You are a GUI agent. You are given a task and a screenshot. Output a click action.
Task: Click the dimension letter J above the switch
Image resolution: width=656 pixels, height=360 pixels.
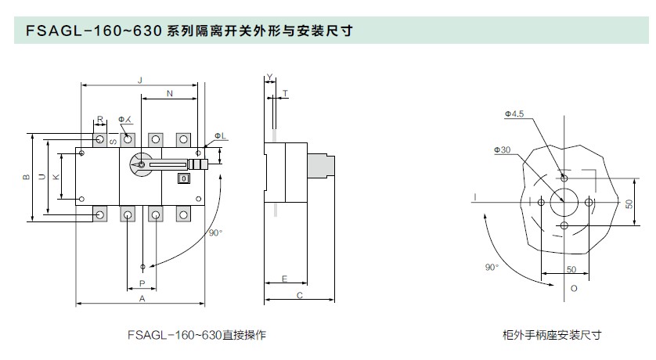tap(140, 80)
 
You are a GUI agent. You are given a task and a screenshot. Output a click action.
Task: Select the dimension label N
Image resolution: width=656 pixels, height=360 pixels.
tap(169, 94)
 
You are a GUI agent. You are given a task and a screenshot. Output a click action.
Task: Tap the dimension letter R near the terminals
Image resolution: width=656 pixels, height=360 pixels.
tap(100, 120)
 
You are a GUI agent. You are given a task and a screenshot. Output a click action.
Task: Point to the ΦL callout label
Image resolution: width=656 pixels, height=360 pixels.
tap(220, 136)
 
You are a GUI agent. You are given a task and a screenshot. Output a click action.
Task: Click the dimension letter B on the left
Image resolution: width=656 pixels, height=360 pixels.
tap(26, 177)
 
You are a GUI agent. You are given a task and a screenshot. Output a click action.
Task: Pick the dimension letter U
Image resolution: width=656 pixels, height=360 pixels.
tap(41, 177)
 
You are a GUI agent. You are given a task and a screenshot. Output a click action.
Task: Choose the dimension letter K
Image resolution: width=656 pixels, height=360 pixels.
tap(56, 177)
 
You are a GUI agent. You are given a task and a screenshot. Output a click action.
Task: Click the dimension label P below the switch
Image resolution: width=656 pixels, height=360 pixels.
tap(142, 283)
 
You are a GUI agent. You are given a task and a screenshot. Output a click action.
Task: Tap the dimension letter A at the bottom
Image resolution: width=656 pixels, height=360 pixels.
tap(142, 298)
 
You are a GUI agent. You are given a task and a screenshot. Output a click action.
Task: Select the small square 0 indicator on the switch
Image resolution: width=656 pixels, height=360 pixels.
tap(184, 178)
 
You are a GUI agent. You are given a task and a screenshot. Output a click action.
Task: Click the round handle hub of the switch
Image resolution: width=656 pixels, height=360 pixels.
tap(141, 164)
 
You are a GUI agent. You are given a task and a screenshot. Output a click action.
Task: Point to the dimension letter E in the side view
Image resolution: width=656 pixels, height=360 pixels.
tap(284, 279)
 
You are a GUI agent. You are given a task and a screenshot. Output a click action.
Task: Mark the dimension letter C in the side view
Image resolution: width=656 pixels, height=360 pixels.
tap(300, 295)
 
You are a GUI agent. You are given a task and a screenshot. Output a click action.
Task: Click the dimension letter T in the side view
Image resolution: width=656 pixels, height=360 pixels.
tap(285, 93)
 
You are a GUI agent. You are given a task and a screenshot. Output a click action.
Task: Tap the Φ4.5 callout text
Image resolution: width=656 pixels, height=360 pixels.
tap(514, 113)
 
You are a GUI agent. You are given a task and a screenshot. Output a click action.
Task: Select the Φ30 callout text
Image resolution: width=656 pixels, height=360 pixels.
tap(502, 149)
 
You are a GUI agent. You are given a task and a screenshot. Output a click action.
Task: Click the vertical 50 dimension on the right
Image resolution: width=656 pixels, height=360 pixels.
tap(629, 203)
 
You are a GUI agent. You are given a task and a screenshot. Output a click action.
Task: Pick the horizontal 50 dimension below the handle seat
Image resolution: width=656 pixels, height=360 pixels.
tap(571, 270)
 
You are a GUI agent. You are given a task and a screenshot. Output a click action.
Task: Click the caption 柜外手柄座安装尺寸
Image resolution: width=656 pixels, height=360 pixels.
tap(552, 335)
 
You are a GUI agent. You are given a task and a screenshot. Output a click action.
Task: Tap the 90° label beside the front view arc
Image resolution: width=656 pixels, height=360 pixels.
tap(215, 233)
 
